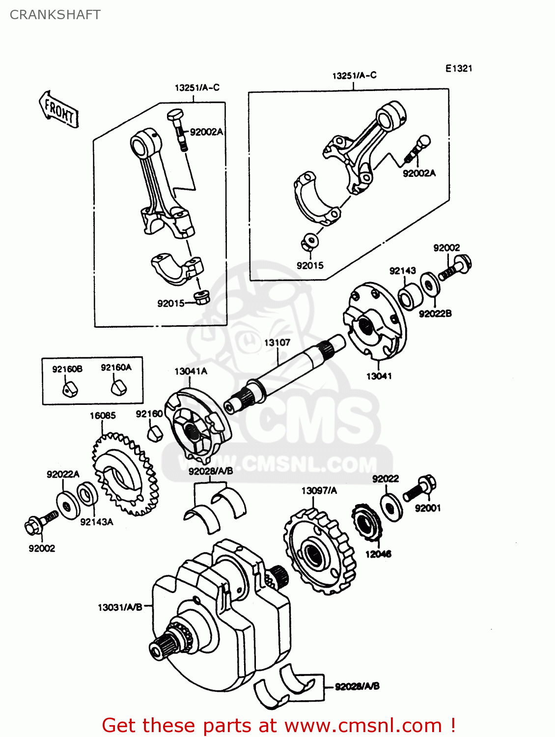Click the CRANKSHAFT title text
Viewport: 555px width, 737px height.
coord(55,15)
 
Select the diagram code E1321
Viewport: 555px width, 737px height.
coord(459,68)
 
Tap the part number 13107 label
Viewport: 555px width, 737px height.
coord(277,342)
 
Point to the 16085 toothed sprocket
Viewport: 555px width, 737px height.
coord(125,474)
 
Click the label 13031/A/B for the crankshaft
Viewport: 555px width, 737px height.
coord(120,607)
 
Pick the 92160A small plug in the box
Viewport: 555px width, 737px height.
coord(118,387)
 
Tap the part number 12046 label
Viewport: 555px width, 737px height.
coord(378,554)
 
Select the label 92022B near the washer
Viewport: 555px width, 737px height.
coord(435,313)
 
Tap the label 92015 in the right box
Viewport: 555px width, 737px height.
coord(310,265)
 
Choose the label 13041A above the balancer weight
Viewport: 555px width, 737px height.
coord(191,371)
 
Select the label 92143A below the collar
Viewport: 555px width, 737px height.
coord(97,522)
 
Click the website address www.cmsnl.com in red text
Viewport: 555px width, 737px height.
coord(363,725)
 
